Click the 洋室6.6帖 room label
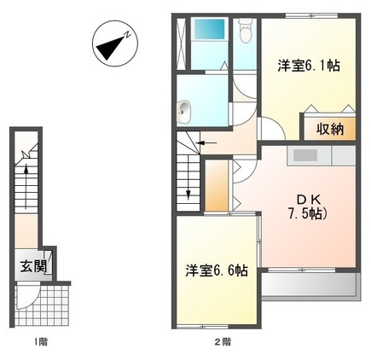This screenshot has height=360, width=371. click(x=217, y=270)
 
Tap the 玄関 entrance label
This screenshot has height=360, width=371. click(x=34, y=264)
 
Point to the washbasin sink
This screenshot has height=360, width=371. click(x=184, y=109)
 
